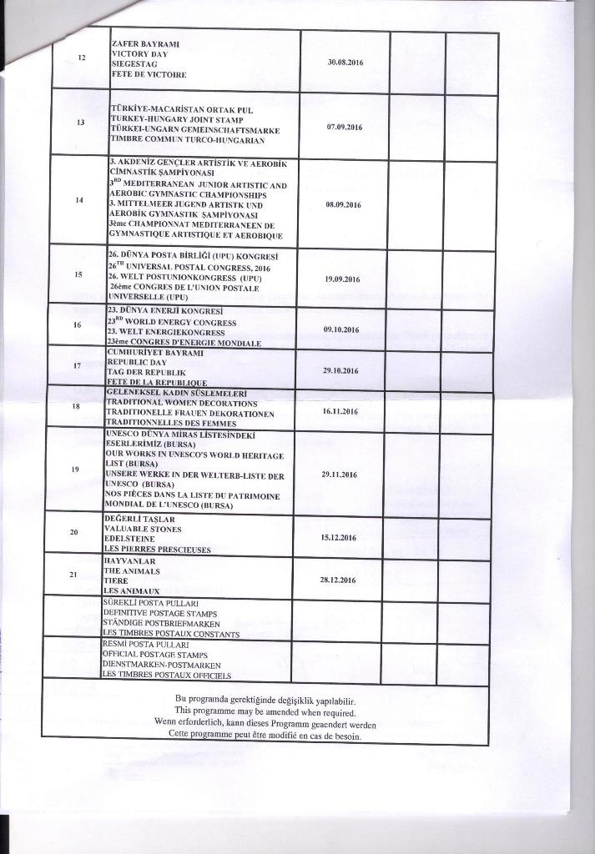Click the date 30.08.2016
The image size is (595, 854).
(344, 63)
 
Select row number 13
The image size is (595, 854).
(81, 122)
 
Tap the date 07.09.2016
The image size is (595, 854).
(344, 127)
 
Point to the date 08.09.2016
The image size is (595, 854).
(343, 203)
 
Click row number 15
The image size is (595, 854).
(78, 274)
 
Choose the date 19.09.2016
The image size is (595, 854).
(341, 279)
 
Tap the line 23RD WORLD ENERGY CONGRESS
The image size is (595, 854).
(172, 322)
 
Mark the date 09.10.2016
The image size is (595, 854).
(340, 330)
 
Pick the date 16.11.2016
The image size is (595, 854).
(340, 411)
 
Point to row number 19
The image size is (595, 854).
(77, 470)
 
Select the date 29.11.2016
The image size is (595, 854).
(339, 475)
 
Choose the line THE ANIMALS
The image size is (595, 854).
(132, 571)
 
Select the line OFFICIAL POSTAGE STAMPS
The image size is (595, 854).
(148, 655)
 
